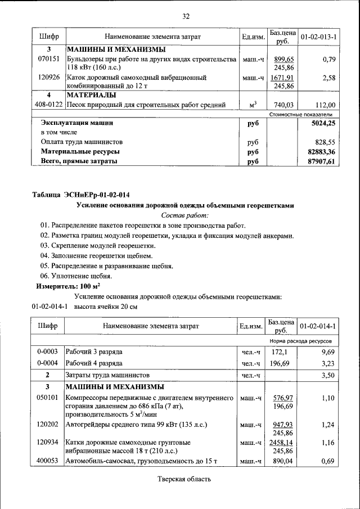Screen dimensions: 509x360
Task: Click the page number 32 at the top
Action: [x=185, y=16]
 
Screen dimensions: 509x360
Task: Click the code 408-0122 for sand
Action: [x=48, y=105]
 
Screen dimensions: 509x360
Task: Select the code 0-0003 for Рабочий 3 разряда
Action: [x=48, y=352]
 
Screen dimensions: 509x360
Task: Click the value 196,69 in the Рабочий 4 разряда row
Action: [x=280, y=363]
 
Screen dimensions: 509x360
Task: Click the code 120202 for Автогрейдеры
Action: [x=48, y=425]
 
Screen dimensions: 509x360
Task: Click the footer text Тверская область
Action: [x=184, y=479]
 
